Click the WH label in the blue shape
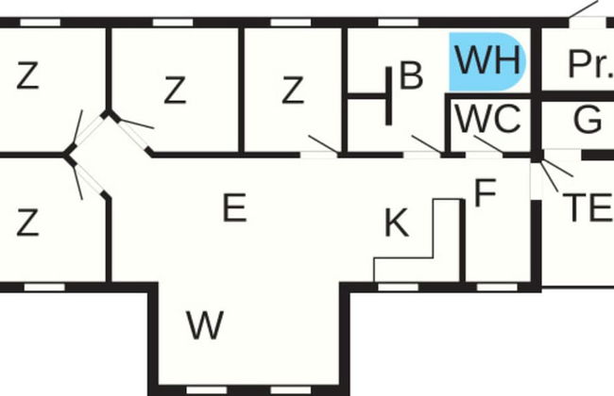click(487, 60)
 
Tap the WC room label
click(488, 119)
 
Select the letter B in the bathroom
click(411, 74)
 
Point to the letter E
click(234, 207)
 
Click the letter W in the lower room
click(205, 325)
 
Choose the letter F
click(486, 192)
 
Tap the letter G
click(588, 119)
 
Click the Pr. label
click(590, 64)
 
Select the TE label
click(588, 208)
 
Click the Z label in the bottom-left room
click(27, 223)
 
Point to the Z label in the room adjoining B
click(293, 91)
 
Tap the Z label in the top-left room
click(27, 75)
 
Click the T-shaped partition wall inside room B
click(370, 96)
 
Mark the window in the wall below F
click(497, 288)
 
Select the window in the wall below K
click(399, 288)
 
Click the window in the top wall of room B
click(399, 23)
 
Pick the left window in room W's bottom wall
click(206, 390)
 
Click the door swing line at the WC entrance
click(488, 144)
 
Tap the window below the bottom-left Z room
click(44, 288)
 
